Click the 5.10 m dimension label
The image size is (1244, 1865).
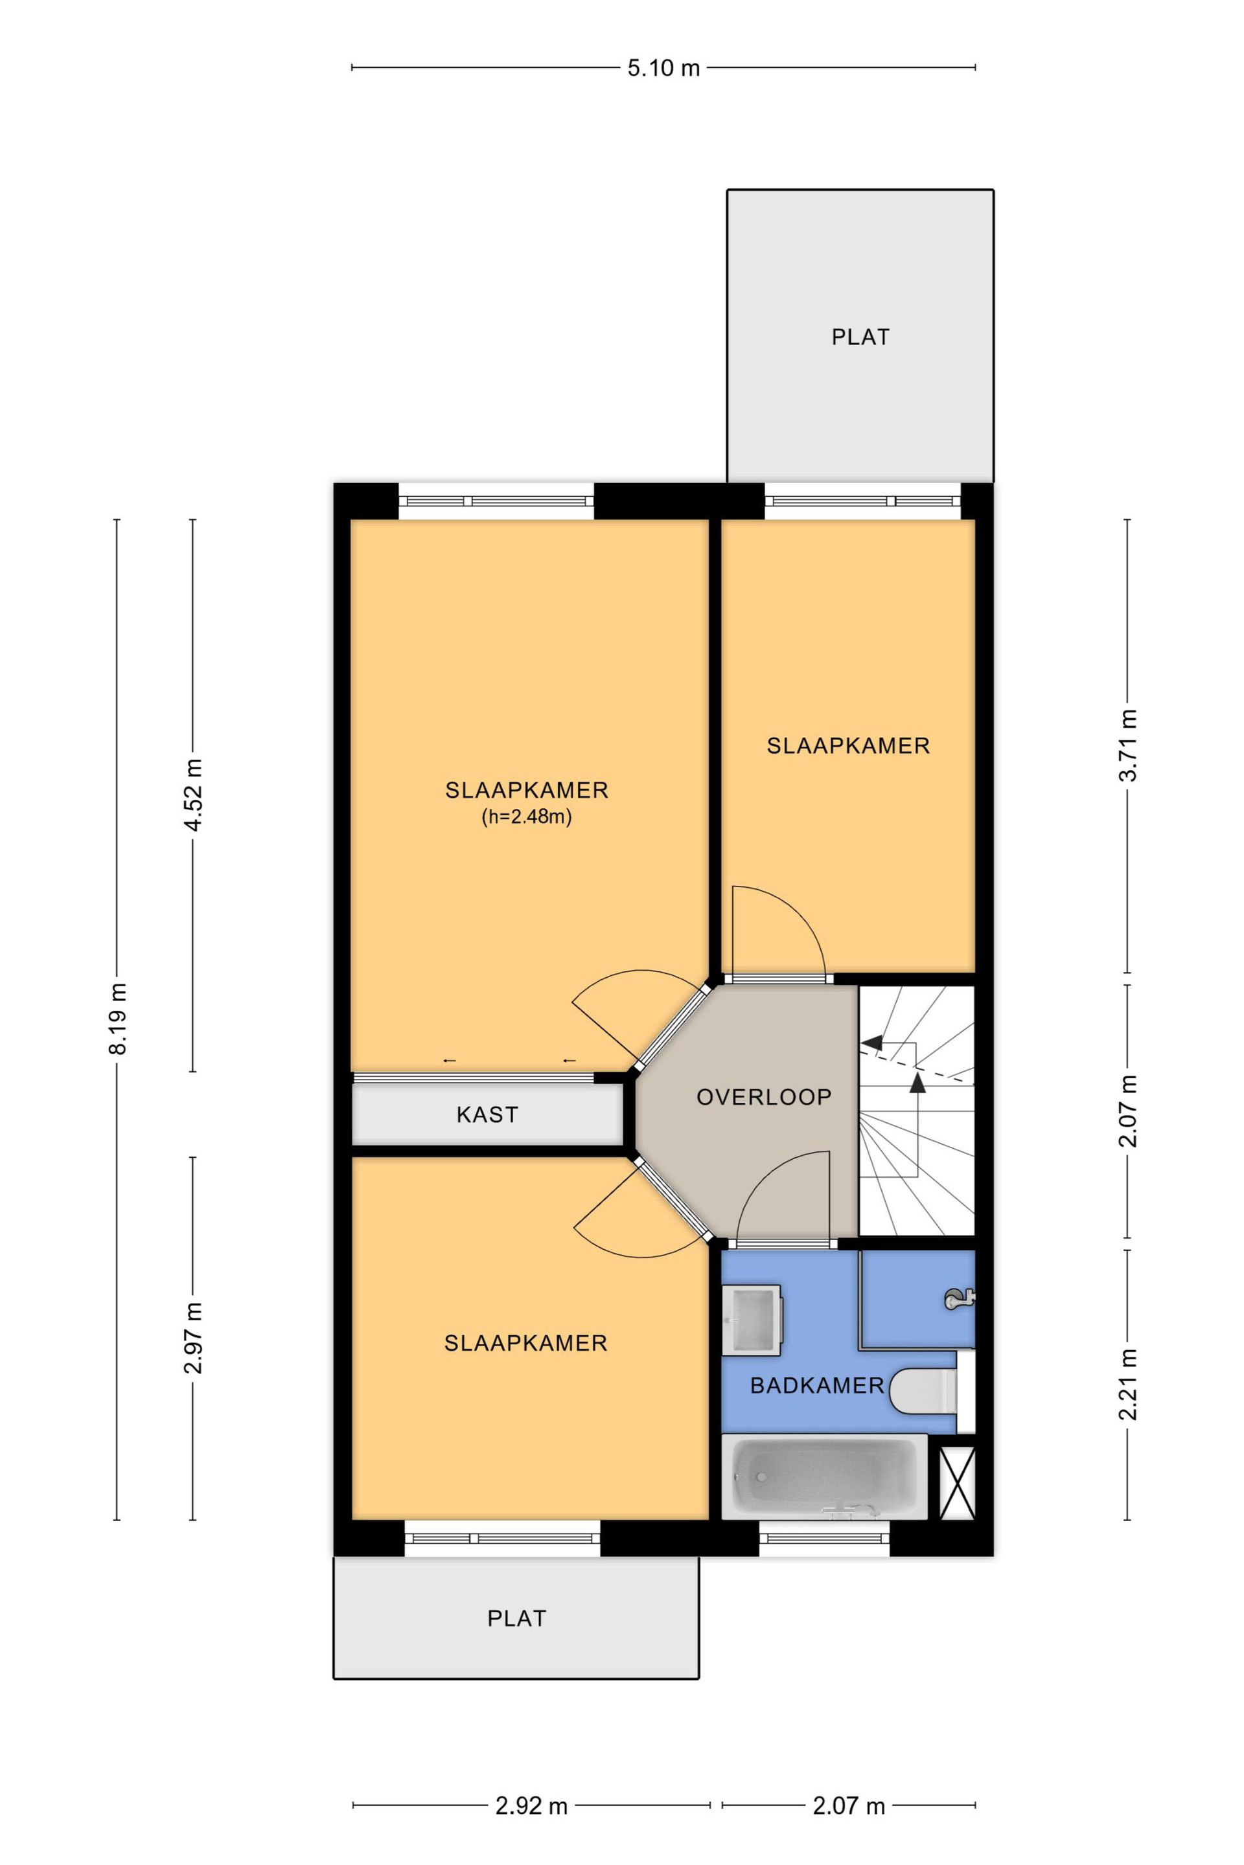[663, 68]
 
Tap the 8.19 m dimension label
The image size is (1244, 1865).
[118, 1019]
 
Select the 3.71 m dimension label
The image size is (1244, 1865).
[1127, 745]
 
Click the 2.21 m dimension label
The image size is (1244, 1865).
[1127, 1384]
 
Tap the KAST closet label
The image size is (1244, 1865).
[487, 1115]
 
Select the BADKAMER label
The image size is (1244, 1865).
[817, 1385]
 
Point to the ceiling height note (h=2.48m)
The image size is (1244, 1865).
[527, 817]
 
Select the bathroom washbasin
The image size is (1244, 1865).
[753, 1317]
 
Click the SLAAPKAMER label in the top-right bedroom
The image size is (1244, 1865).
[848, 745]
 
